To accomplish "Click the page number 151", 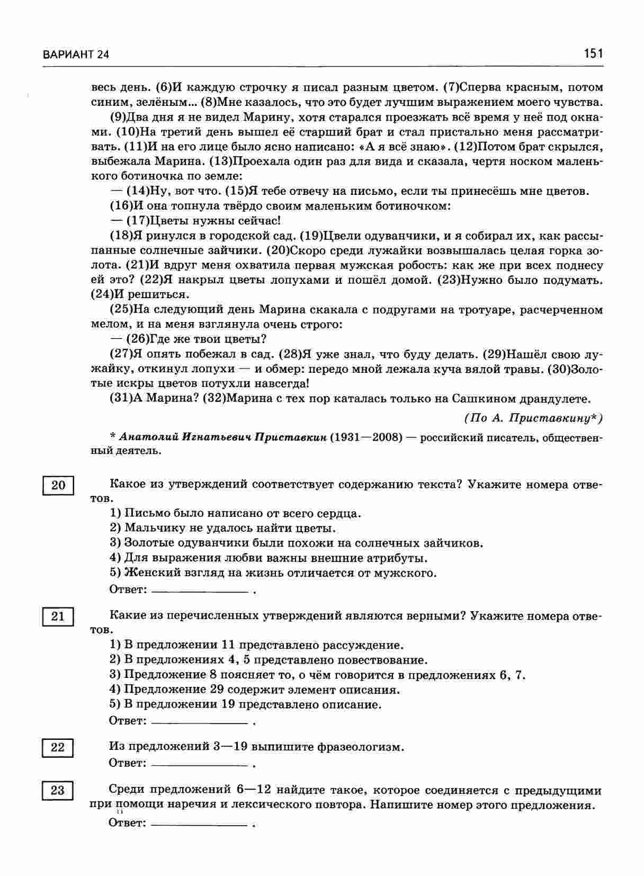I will (593, 53).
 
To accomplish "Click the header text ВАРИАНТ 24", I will (76, 55).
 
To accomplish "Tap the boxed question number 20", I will (57, 485).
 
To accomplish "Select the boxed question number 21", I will (57, 616).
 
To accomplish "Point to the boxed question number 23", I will (57, 791).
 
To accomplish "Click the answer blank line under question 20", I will (200, 591).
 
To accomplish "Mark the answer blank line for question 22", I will (200, 765).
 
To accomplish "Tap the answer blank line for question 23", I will (200, 825).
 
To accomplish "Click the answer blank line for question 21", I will (200, 722).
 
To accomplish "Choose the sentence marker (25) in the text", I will (121, 310).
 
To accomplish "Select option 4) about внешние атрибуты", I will (268, 558).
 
